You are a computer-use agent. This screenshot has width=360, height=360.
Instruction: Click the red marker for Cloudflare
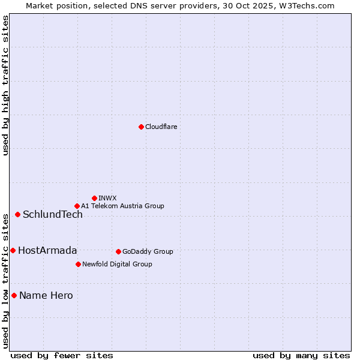pos(141,127)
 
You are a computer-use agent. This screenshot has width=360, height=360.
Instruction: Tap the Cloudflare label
pos(161,127)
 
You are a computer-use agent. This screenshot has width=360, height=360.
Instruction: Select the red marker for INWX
pos(94,198)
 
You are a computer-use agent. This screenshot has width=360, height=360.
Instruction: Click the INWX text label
pos(107,198)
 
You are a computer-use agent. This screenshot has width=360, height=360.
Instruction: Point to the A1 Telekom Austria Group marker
pos(77,206)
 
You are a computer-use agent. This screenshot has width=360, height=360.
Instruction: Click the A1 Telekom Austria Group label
pos(122,206)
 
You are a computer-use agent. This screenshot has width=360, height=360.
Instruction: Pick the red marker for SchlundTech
pos(17,214)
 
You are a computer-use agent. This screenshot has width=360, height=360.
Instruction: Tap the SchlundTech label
pos(53,215)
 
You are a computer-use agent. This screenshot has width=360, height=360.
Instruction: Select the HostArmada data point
pos(13,250)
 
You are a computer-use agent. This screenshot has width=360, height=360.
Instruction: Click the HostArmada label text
pos(47,251)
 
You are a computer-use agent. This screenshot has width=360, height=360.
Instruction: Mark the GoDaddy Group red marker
pos(118,251)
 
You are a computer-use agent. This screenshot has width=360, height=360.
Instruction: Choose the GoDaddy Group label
pos(148,251)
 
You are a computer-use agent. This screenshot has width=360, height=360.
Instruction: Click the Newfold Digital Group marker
pos(78,264)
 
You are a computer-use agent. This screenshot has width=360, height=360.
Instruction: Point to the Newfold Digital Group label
pos(117,264)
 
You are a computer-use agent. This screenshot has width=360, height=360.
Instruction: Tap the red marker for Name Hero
pos(14,295)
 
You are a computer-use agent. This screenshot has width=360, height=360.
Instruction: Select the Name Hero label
pos(46,296)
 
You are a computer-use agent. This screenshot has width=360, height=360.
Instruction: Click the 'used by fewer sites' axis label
pos(62,355)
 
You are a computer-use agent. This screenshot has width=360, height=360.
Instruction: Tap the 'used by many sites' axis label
pos(301,355)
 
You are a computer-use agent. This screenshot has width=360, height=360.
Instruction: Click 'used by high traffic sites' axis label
pos(5,86)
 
